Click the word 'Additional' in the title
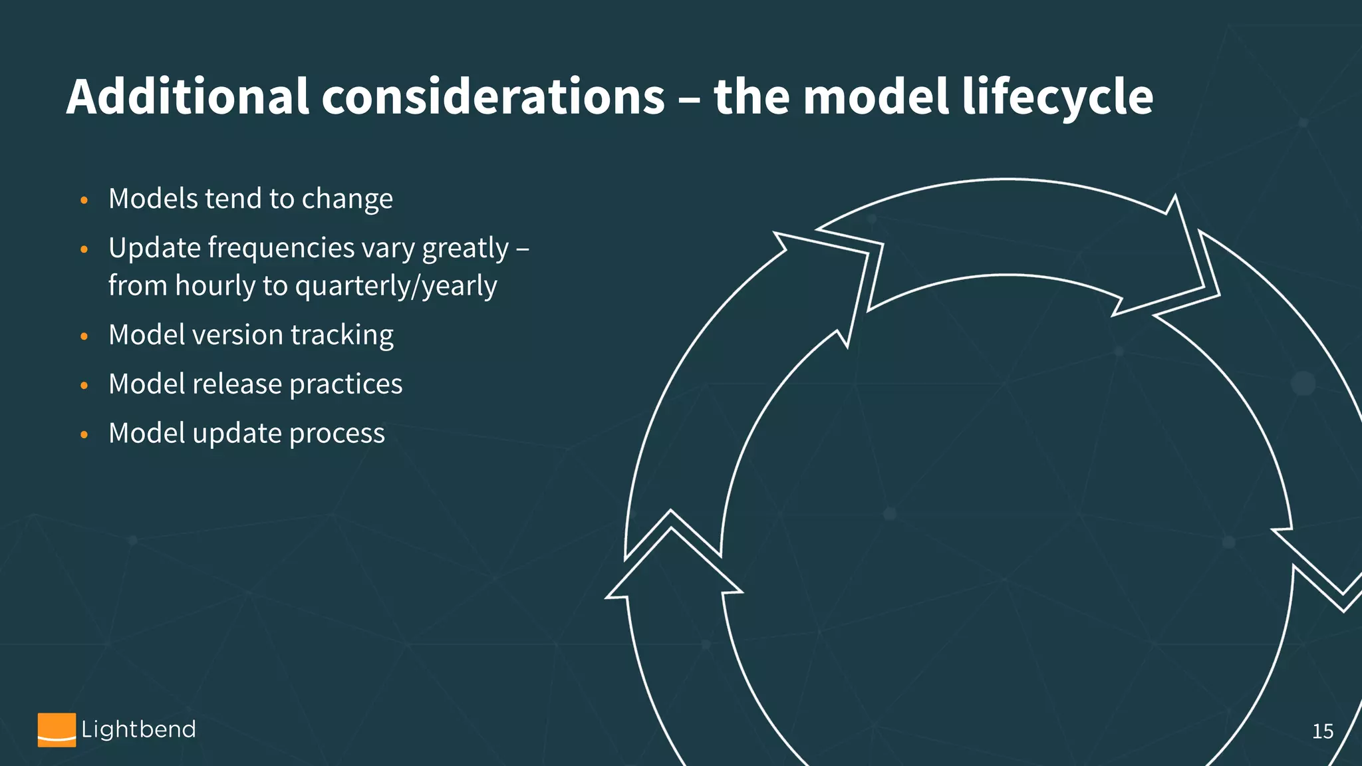point(188,97)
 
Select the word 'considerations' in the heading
point(493,97)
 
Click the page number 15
point(1322,731)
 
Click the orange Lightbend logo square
point(57,729)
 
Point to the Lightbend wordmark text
point(138,729)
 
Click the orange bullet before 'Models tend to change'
point(84,200)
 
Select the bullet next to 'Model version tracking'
point(84,336)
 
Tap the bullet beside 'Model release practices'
point(84,386)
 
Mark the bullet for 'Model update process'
point(84,435)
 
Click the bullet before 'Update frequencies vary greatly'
point(84,249)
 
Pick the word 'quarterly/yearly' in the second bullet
point(396,286)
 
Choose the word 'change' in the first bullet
point(347,199)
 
